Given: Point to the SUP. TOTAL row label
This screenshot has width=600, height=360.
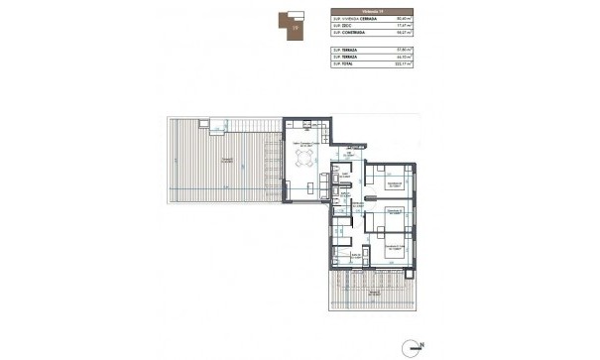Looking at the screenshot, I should (346, 64).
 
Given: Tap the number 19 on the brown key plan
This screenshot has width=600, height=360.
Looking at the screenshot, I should (294, 29).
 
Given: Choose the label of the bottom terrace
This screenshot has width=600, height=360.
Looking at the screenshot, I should (373, 295).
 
